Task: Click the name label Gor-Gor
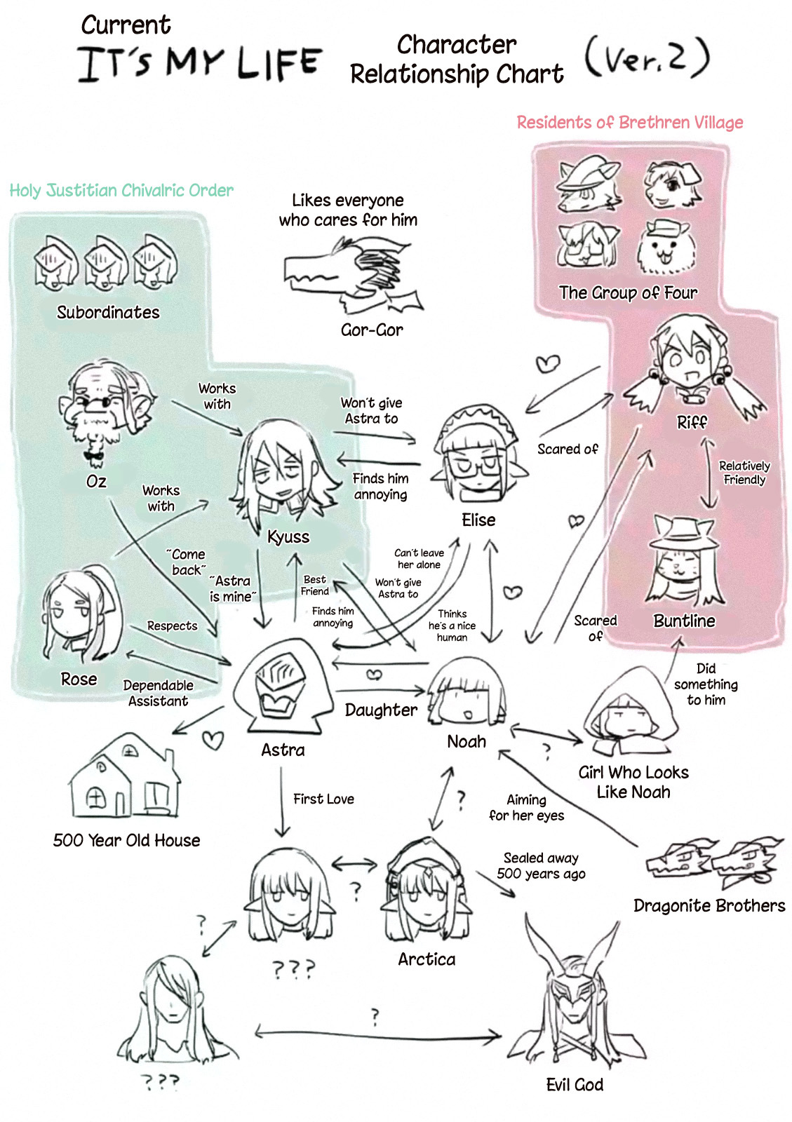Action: tap(372, 330)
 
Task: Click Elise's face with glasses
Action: tap(478, 456)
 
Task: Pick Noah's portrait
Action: tap(467, 694)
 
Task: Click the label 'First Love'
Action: tap(323, 799)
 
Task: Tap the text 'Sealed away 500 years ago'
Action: tap(541, 866)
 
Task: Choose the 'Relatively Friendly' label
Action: tap(744, 473)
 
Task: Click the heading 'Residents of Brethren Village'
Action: tap(629, 123)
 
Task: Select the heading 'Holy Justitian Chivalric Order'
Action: tap(121, 191)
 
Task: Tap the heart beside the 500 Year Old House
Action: tap(213, 740)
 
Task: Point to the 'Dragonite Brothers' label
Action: tap(709, 905)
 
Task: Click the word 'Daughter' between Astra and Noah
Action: tap(381, 710)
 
